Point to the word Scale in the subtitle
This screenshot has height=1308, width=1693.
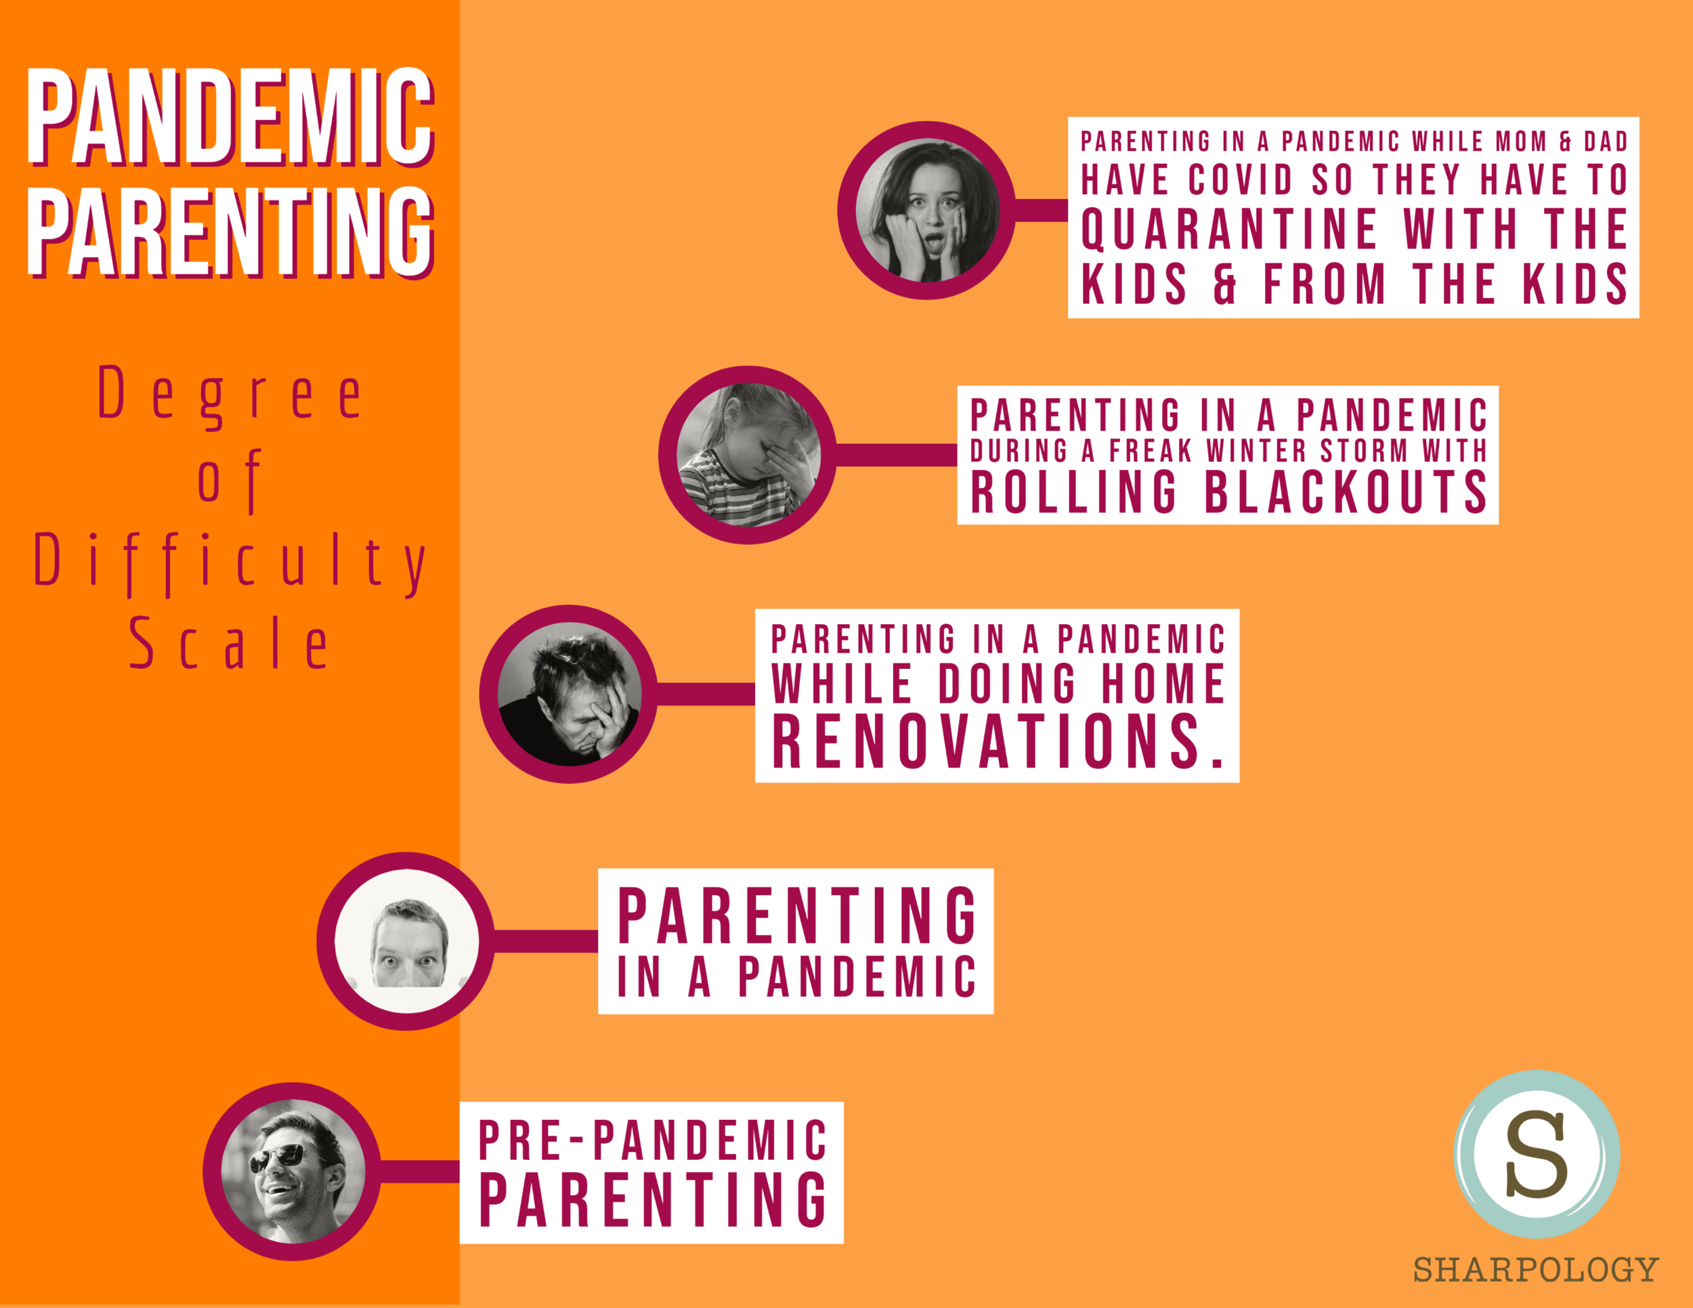tap(230, 643)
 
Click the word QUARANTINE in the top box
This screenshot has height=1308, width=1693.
tap(1228, 230)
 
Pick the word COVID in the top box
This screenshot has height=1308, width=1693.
tap(1241, 181)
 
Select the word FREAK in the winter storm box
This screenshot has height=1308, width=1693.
tap(1151, 451)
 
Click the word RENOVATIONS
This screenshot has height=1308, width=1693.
tap(998, 741)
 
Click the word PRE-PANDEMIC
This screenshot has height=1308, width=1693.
tap(653, 1141)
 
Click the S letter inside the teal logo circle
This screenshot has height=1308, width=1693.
tap(1537, 1154)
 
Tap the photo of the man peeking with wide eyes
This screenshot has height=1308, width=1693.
tap(406, 942)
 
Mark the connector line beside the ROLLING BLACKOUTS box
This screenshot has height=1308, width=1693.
tap(896, 455)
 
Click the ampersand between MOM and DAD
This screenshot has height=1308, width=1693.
tap(1565, 141)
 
